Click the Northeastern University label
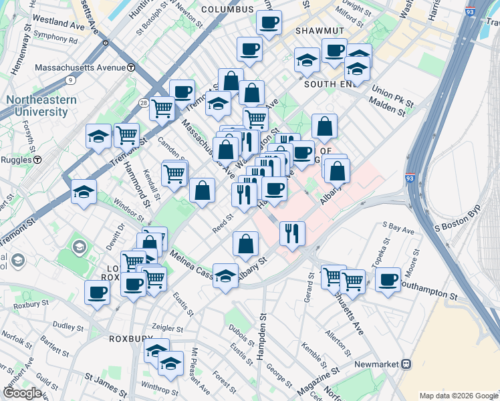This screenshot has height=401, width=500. point(41,106)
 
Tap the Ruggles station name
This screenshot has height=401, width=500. point(17,160)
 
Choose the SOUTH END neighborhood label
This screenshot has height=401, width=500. point(329,85)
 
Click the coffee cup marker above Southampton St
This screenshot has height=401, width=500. point(388,279)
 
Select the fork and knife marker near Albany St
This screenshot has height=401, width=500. point(292,233)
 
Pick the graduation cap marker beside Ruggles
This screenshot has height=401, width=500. point(84,191)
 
